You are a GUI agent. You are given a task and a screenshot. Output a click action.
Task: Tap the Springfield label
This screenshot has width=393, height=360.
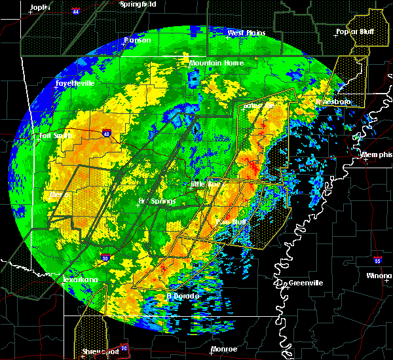pyautogui.click(x=139, y=4)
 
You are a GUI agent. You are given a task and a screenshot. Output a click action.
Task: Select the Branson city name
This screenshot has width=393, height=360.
pyautogui.click(x=138, y=40)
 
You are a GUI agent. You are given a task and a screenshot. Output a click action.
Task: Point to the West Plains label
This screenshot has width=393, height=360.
pyautogui.click(x=244, y=33)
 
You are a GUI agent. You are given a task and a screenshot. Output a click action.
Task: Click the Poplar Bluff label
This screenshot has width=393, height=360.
pyautogui.click(x=351, y=31)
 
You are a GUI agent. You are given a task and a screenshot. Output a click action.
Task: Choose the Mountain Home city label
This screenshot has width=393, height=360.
pyautogui.click(x=216, y=63)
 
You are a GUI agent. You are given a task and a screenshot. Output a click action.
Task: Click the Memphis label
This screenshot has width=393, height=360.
pyautogui.click(x=376, y=154)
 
